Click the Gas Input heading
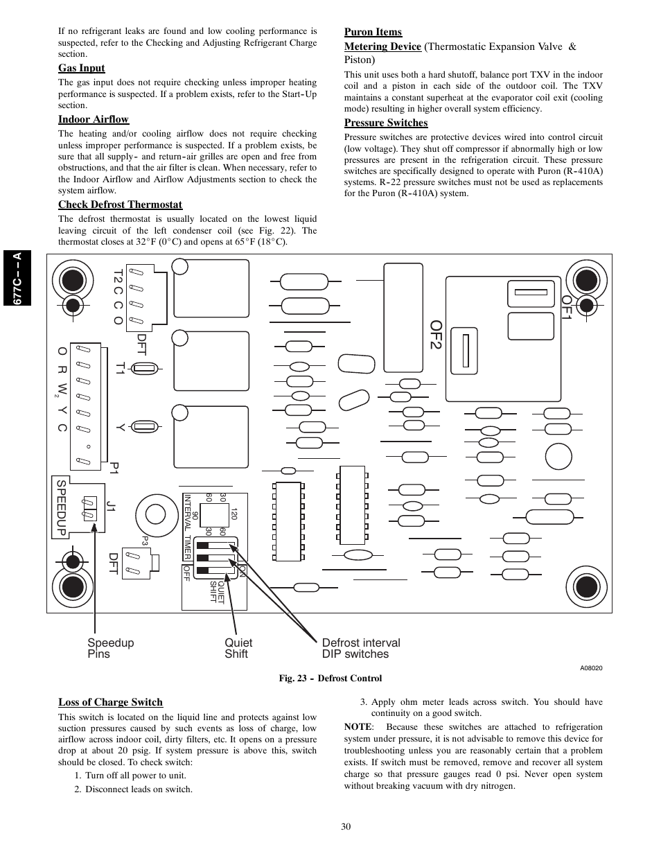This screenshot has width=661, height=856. coord(82,68)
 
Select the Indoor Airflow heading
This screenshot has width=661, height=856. coord(94,119)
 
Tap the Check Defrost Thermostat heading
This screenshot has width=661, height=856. coord(120,204)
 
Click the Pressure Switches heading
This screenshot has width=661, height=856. coord(386,123)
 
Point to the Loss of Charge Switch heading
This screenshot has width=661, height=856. coord(110,702)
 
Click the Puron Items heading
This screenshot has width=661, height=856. coord(373,32)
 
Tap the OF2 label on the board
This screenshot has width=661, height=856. coord(437,335)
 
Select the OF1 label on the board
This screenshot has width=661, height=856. coord(566,307)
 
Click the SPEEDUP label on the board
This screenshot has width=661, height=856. coord(62,508)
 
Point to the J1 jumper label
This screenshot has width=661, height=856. coord(112,506)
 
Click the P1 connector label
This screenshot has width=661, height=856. coord(114,468)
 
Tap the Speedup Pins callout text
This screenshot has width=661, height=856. coord(111,648)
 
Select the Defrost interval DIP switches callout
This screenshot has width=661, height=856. coord(361,648)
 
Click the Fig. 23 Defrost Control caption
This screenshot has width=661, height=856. coord(330,678)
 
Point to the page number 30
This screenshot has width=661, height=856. coord(346,826)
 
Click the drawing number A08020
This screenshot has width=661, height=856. coord(591,667)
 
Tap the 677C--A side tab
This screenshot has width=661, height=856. coord(17,278)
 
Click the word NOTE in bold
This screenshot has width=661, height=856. coord(358,727)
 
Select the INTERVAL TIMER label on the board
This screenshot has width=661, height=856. coord(187,527)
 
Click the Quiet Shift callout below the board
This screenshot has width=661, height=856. coord(238,648)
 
